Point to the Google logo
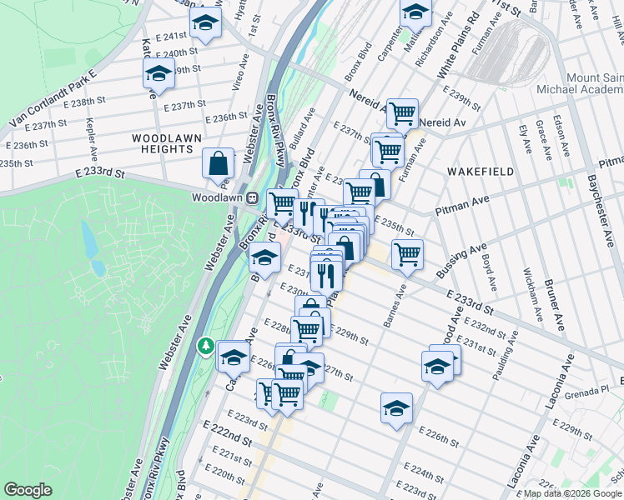(28, 490)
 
